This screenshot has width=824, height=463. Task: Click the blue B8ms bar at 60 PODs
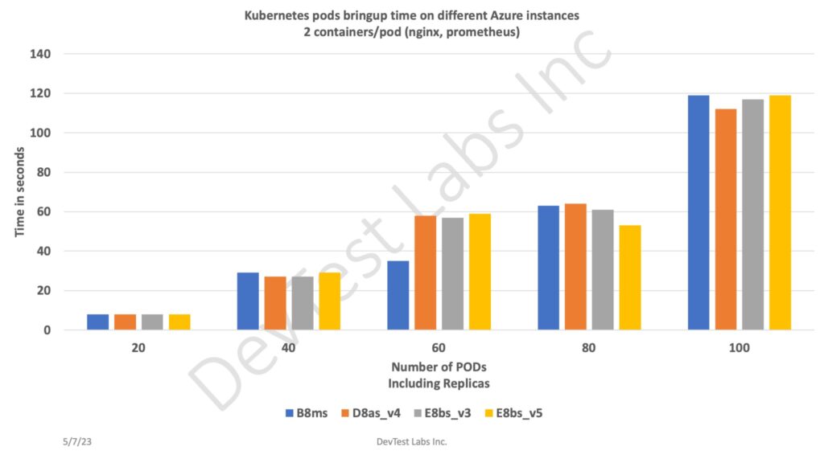[398, 295]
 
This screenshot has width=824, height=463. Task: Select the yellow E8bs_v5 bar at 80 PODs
[630, 277]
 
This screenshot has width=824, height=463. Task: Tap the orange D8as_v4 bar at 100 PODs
[725, 219]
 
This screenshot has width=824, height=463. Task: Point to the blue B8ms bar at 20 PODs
[97, 322]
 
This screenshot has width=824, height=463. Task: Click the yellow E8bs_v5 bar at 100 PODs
[780, 212]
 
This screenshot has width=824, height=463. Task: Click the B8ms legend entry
[311, 413]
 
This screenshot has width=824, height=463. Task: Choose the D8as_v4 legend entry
[375, 413]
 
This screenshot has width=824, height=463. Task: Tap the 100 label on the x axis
[739, 348]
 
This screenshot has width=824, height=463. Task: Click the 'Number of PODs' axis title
[439, 369]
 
